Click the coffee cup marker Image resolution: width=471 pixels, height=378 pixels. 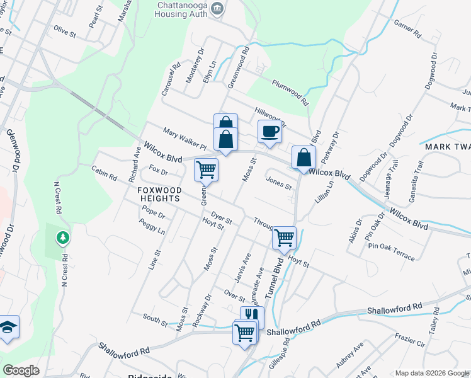(x=270, y=132)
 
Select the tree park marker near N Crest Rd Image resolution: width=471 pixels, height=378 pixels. (x=62, y=238)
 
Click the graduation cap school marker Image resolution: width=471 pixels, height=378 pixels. (x=8, y=328)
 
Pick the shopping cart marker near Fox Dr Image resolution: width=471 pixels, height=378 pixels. (x=206, y=169)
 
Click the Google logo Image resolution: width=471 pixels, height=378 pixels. (x=21, y=370)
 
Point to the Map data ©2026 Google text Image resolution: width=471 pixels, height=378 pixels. (x=432, y=373)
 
